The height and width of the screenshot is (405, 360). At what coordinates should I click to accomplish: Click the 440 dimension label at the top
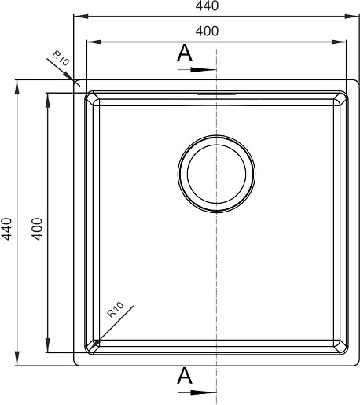tap(207, 6)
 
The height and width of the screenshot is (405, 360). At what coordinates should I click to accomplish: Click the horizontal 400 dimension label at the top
tap(207, 31)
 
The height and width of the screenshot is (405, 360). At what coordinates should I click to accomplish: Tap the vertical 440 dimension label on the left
tap(6, 229)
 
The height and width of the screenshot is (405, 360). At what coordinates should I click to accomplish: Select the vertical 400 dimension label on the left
tap(37, 229)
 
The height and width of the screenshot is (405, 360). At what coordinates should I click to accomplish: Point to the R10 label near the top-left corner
tap(61, 58)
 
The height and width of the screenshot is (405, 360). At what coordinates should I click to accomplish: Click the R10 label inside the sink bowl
tap(116, 310)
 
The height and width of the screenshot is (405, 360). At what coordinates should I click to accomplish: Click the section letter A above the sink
tap(185, 53)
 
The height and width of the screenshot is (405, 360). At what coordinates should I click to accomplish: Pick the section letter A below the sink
tap(185, 375)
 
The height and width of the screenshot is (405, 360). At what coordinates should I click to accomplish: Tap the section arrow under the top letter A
tap(197, 70)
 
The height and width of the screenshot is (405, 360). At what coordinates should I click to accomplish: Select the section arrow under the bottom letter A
tap(197, 392)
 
